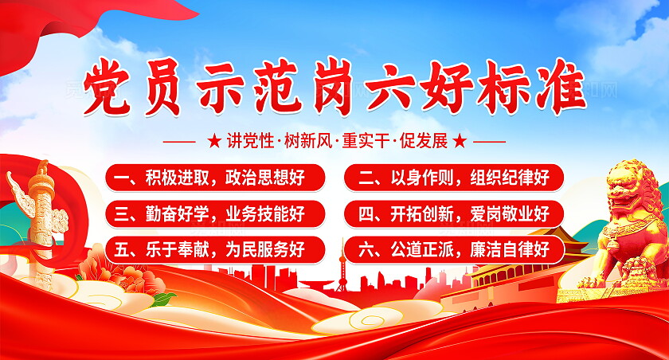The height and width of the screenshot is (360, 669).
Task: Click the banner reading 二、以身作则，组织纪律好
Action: click(x=454, y=177)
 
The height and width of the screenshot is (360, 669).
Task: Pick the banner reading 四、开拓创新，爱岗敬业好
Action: click(x=454, y=213)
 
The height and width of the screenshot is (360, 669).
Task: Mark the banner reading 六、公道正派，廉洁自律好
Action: click(x=454, y=249)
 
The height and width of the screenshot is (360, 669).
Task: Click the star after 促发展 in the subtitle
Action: click(x=460, y=142)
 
